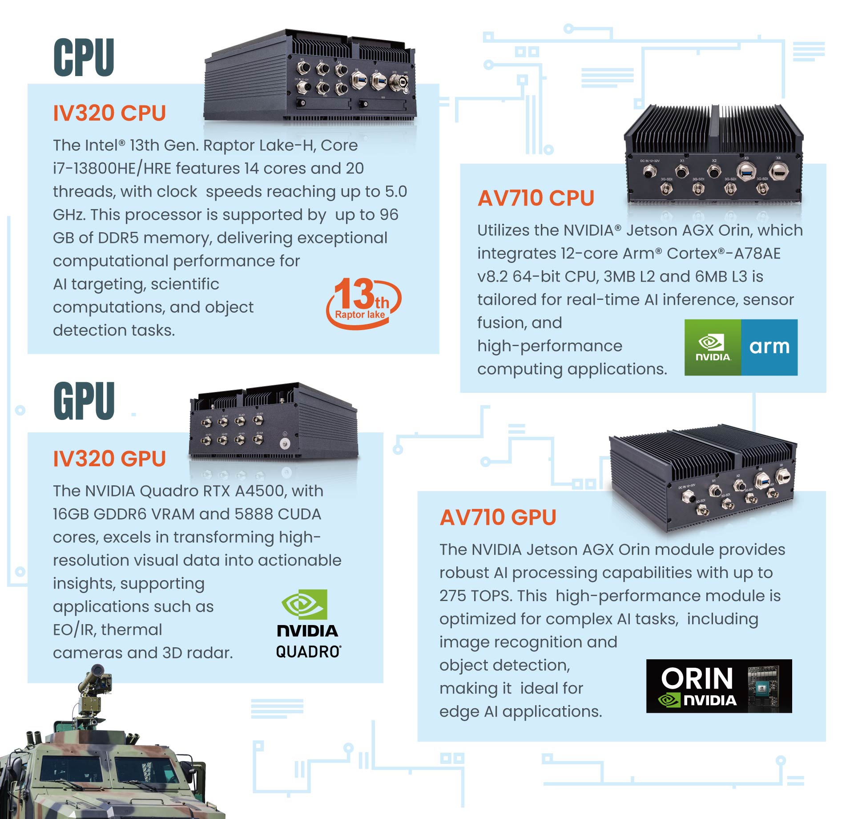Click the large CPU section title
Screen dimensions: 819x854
tap(84, 57)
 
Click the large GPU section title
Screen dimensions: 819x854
tap(84, 401)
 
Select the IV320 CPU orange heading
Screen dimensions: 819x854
tap(109, 113)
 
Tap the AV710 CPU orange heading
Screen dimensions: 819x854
tap(536, 198)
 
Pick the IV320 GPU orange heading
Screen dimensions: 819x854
tap(109, 459)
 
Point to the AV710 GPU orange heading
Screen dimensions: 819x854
tap(498, 517)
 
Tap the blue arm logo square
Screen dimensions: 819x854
tap(769, 347)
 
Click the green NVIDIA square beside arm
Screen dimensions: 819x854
tap(713, 347)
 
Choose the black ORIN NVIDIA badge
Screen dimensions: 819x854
tap(718, 686)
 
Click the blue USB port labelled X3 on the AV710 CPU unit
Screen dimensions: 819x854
tap(746, 171)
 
